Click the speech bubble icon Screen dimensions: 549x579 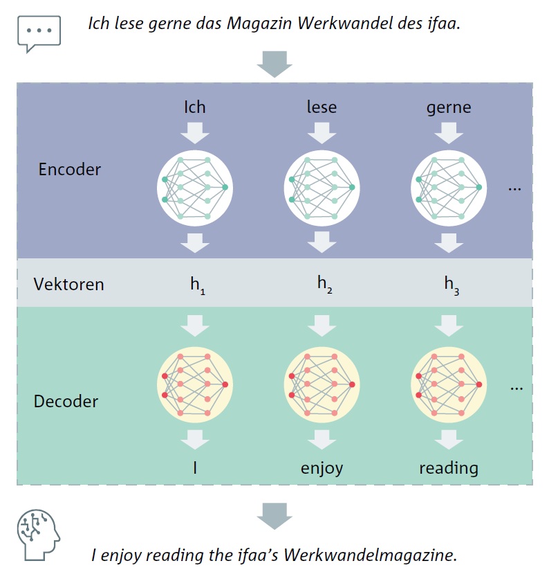pyautogui.click(x=39, y=33)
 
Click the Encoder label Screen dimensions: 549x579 pyautogui.click(x=69, y=170)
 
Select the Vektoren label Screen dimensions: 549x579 pyautogui.click(x=68, y=285)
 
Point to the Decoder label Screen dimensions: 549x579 pyautogui.click(x=66, y=402)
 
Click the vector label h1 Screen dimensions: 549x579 pyautogui.click(x=198, y=285)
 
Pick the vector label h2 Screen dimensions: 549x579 pyautogui.click(x=324, y=285)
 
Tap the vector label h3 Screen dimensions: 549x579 pyautogui.click(x=452, y=285)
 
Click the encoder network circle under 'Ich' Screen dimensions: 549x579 pyautogui.click(x=195, y=188)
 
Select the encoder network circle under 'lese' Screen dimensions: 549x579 pyautogui.click(x=322, y=188)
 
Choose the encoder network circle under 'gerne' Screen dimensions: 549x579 pyautogui.click(x=449, y=188)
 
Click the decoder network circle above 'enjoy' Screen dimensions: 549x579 pyautogui.click(x=322, y=384)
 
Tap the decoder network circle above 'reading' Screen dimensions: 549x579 pyautogui.click(x=449, y=384)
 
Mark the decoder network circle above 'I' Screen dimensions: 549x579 pyautogui.click(x=195, y=384)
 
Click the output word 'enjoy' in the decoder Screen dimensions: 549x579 pyautogui.click(x=322, y=469)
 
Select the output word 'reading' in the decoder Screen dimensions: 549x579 pyautogui.click(x=449, y=468)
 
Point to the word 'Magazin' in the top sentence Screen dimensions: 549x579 pyautogui.click(x=259, y=24)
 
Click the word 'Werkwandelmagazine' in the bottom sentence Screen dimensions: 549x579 pyautogui.click(x=370, y=555)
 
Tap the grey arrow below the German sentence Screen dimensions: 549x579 pyautogui.click(x=274, y=64)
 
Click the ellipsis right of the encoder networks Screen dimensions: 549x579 pyautogui.click(x=514, y=190)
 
